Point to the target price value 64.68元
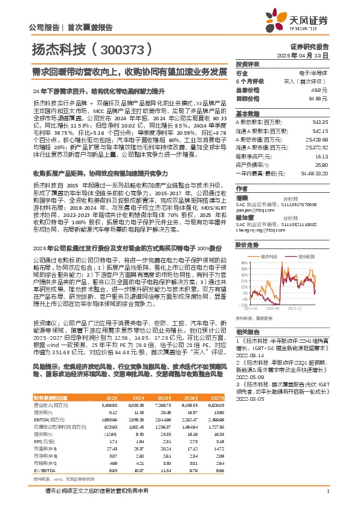click(x=318, y=97)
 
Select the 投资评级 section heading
click(x=248, y=65)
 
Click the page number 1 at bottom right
click(x=327, y=490)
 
